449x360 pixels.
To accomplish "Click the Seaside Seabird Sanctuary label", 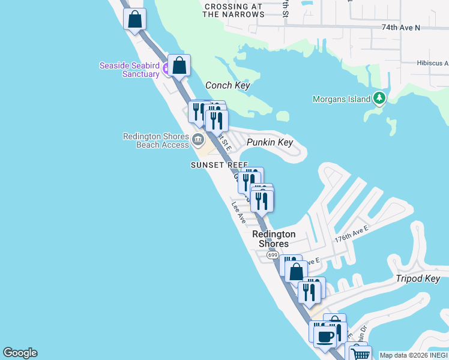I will (x=129, y=70).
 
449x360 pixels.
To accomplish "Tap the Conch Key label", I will (x=227, y=86).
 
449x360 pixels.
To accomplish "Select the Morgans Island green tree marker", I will (x=379, y=98).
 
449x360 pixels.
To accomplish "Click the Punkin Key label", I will (x=270, y=142).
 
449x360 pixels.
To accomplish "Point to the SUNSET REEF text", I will (x=219, y=165).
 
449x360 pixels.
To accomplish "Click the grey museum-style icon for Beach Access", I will (x=198, y=140).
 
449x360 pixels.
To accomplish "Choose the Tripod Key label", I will (x=418, y=278).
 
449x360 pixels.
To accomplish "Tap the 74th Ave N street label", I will (x=400, y=28).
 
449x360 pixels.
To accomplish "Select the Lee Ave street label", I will (x=238, y=212).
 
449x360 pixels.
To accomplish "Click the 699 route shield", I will (x=273, y=255).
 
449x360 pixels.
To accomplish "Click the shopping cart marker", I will (x=360, y=355).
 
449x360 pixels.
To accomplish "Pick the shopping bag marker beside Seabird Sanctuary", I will (x=179, y=65).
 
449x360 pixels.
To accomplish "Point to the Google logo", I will (x=20, y=353).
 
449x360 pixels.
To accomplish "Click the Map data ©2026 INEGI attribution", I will (x=413, y=355).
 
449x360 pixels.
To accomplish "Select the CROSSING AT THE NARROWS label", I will (x=234, y=11).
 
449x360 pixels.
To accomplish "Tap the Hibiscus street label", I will (x=432, y=63).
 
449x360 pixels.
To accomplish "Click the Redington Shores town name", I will (x=274, y=239).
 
